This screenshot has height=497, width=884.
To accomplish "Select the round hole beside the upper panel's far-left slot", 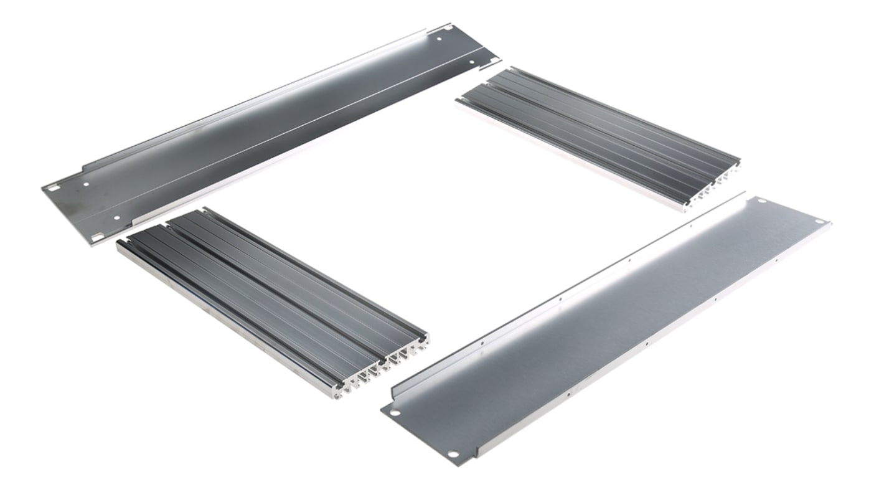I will [x=87, y=184].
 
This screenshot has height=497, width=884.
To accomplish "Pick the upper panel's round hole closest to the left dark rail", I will [x=118, y=218].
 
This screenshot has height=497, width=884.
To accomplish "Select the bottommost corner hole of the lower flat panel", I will [x=454, y=453].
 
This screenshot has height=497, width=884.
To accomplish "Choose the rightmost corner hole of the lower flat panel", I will [x=826, y=224].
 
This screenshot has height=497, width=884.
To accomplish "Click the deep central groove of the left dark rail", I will [x=274, y=286].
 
